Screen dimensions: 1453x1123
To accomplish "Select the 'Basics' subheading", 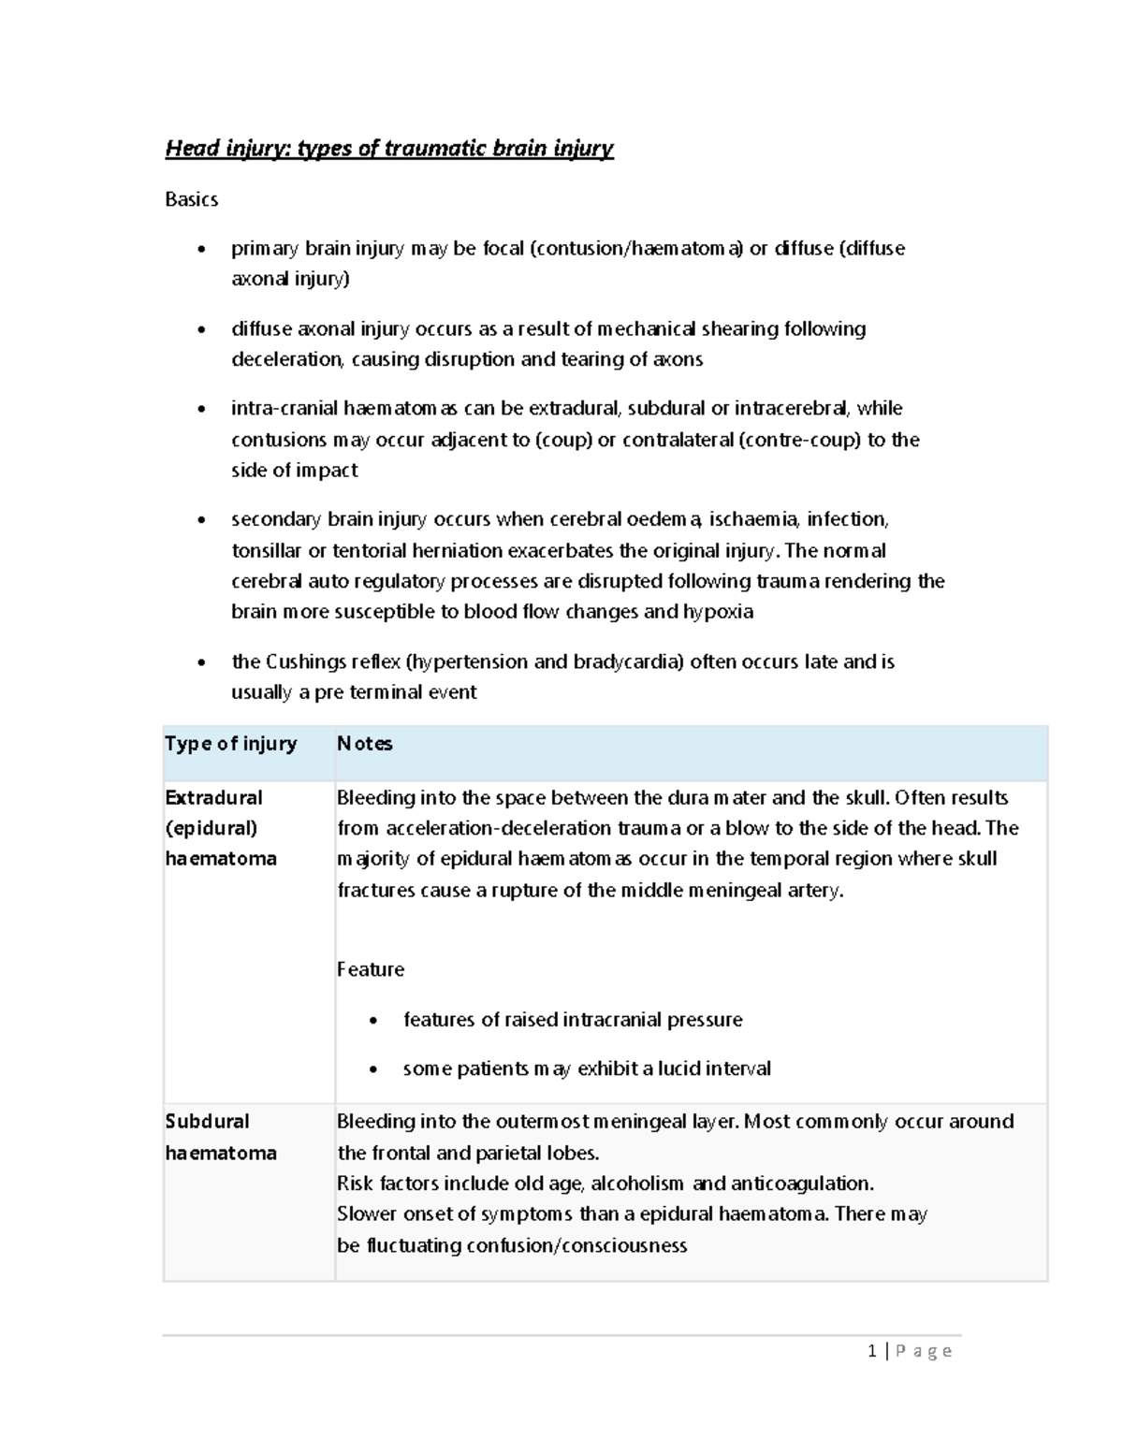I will pyautogui.click(x=191, y=199).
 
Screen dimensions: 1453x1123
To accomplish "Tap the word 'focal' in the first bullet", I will pyautogui.click(x=503, y=249).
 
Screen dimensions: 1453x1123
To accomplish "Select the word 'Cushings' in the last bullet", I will pyautogui.click(x=307, y=662).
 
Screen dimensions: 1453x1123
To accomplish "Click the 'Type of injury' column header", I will pyautogui.click(x=230, y=744).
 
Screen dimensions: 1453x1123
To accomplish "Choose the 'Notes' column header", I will pyautogui.click(x=364, y=744).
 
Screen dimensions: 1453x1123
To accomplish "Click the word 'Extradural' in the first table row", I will pyautogui.click(x=213, y=798).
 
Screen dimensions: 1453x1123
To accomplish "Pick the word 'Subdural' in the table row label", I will pyautogui.click(x=207, y=1122).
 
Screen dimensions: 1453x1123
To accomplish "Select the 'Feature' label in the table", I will pyautogui.click(x=371, y=969).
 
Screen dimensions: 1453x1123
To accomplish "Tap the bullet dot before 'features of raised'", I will pyautogui.click(x=374, y=1021).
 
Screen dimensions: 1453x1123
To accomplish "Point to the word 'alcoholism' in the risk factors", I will pyautogui.click(x=638, y=1184).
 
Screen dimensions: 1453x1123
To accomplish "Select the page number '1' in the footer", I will pyautogui.click(x=872, y=1351).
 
